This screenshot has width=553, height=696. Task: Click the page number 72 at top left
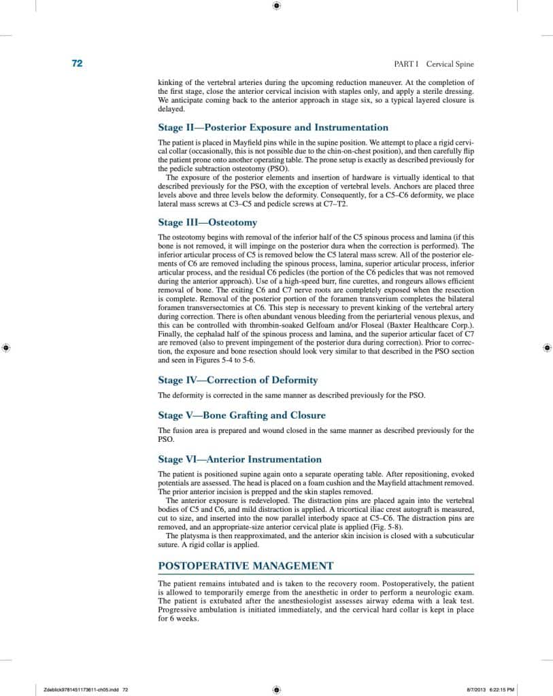[77, 64]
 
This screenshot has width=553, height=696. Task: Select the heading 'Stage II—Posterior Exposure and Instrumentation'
[273, 127]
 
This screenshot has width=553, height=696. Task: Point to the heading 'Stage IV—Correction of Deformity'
[237, 380]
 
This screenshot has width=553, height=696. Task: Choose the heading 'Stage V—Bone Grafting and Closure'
[241, 415]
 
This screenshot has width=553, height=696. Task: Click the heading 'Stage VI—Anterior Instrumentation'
[239, 459]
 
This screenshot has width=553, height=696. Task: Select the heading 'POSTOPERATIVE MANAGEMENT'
[246, 565]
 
